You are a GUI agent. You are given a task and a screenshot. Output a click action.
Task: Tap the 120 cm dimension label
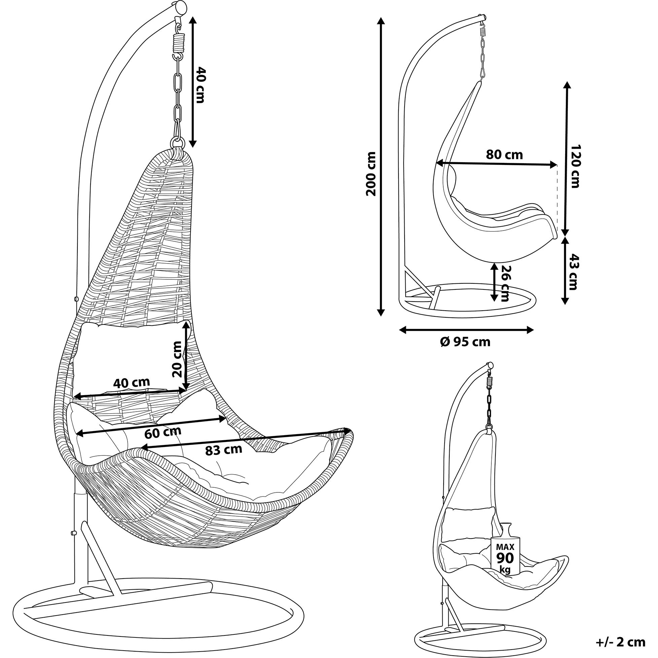click(x=575, y=166)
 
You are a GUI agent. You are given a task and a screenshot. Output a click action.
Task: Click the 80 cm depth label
click(x=504, y=155)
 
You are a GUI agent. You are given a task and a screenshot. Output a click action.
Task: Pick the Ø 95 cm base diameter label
click(x=465, y=342)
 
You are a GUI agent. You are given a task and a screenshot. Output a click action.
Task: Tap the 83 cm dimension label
click(x=223, y=450)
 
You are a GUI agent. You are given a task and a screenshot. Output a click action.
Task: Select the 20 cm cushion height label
click(x=177, y=359)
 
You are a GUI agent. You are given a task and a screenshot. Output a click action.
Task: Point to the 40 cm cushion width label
click(x=131, y=383)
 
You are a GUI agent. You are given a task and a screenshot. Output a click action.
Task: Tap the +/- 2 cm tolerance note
click(x=621, y=642)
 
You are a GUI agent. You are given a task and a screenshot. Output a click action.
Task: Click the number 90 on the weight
click(x=505, y=558)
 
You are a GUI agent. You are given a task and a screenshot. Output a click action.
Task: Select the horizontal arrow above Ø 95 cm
click(x=466, y=330)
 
